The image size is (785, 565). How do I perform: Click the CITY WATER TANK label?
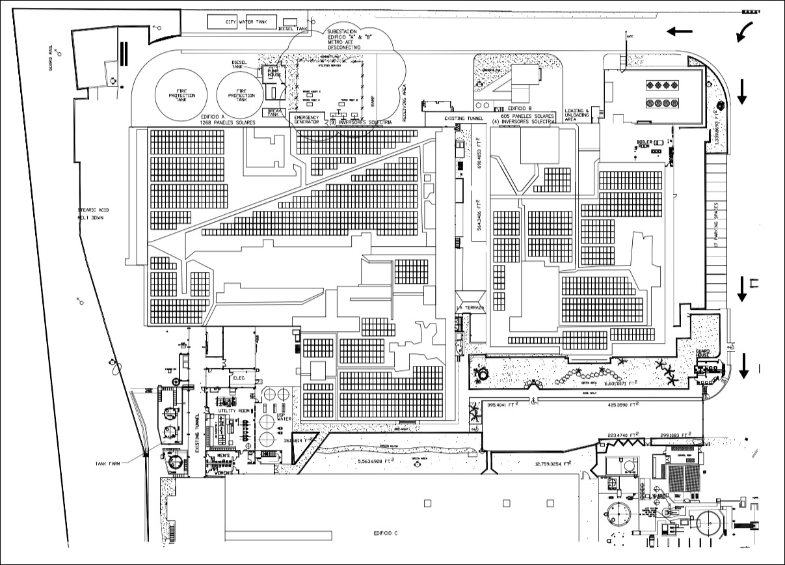pos(246,22)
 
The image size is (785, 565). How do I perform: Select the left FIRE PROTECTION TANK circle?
pos(181,95)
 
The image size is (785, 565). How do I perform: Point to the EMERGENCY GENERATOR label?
pos(306,119)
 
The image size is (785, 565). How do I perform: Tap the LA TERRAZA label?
pos(470,308)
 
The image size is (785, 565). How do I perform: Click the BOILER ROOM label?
pos(644,145)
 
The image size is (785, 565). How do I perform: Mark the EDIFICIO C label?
pos(385,533)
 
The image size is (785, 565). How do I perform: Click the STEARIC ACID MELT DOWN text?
pos(90,213)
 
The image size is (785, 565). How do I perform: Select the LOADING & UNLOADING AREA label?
pos(577,115)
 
